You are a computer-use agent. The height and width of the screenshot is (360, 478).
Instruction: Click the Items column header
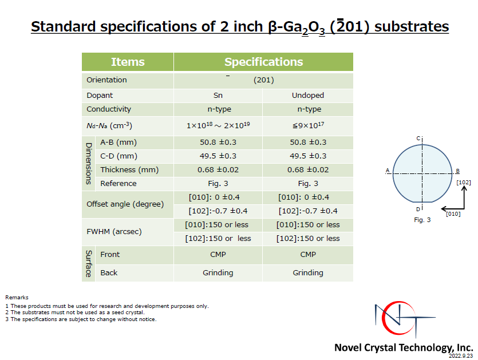click(x=128, y=62)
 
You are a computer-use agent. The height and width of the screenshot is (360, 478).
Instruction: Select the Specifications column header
click(x=264, y=62)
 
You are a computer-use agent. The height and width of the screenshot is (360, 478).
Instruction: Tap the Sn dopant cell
click(x=218, y=96)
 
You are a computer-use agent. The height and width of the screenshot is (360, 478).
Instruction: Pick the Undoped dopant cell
click(x=308, y=96)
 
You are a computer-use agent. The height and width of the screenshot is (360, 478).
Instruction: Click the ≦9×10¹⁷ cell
click(x=308, y=125)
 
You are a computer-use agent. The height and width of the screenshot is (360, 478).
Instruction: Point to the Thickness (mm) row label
click(x=129, y=170)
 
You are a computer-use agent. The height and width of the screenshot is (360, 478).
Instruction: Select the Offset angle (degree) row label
click(x=125, y=204)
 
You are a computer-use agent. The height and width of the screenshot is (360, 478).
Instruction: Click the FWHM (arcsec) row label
click(x=114, y=232)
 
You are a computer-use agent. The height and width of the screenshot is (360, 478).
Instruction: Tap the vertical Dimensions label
click(x=89, y=164)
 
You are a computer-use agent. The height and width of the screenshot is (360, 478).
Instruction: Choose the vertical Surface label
click(x=89, y=264)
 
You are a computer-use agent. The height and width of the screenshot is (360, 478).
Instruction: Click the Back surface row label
click(x=109, y=273)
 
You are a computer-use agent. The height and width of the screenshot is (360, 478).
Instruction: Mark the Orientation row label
click(x=106, y=80)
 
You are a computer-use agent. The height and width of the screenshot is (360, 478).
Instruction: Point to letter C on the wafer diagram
click(x=418, y=139)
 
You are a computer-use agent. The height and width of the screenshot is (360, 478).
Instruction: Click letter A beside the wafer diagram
click(x=388, y=171)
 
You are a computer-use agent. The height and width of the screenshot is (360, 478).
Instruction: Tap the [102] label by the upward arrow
click(x=464, y=182)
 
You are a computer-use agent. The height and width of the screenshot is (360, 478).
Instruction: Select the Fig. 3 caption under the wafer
click(x=422, y=220)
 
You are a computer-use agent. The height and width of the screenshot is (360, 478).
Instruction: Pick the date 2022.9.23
click(x=461, y=356)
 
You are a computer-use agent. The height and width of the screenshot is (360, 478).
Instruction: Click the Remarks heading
click(x=17, y=298)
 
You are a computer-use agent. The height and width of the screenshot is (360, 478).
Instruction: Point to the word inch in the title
click(x=248, y=26)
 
